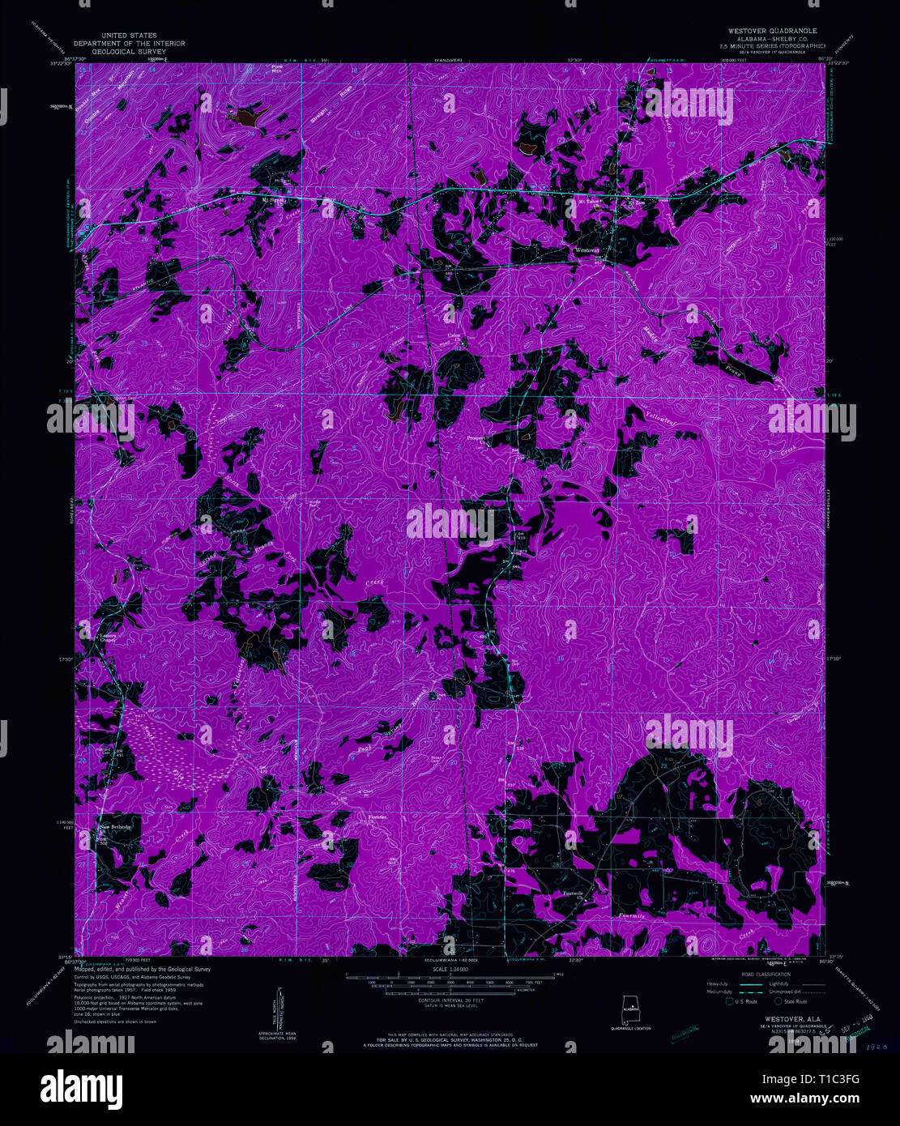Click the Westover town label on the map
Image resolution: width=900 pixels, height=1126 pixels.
(x=586, y=250)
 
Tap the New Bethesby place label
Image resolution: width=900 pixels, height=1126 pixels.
(x=115, y=827)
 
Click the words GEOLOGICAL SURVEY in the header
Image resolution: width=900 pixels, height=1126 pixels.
(x=130, y=51)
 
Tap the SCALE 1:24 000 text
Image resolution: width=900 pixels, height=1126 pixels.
(x=450, y=969)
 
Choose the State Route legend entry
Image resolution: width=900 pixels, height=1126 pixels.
(x=790, y=1001)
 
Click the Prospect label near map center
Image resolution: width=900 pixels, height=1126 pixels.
(x=476, y=439)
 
